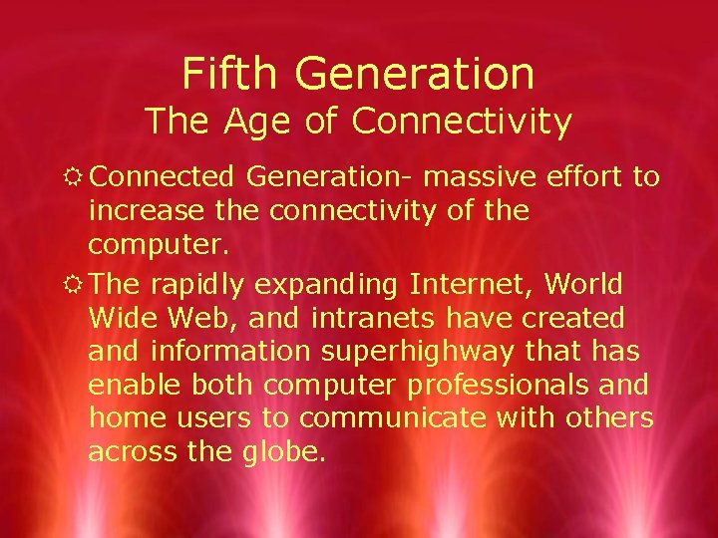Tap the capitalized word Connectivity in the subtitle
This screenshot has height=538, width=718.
462,122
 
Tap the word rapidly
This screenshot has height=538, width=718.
196,285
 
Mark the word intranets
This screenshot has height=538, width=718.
373,319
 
